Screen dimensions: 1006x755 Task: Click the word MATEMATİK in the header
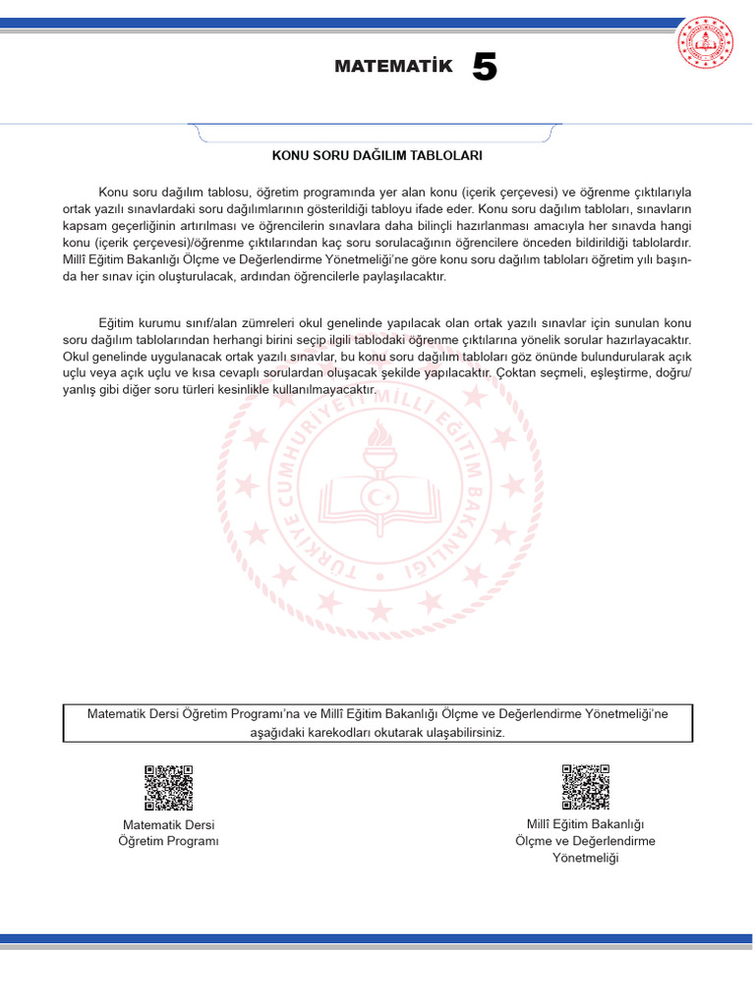[393, 67]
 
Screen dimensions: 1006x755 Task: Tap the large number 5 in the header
[485, 67]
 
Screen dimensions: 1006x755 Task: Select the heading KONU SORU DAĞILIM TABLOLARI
[377, 155]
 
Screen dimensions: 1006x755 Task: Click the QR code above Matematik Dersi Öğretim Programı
[168, 788]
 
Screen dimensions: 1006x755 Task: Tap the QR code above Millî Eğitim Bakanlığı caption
[585, 788]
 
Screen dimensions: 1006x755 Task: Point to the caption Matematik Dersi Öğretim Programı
[168, 832]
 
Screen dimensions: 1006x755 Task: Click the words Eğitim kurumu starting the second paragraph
[139, 323]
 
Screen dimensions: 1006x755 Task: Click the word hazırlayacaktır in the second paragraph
[650, 340]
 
